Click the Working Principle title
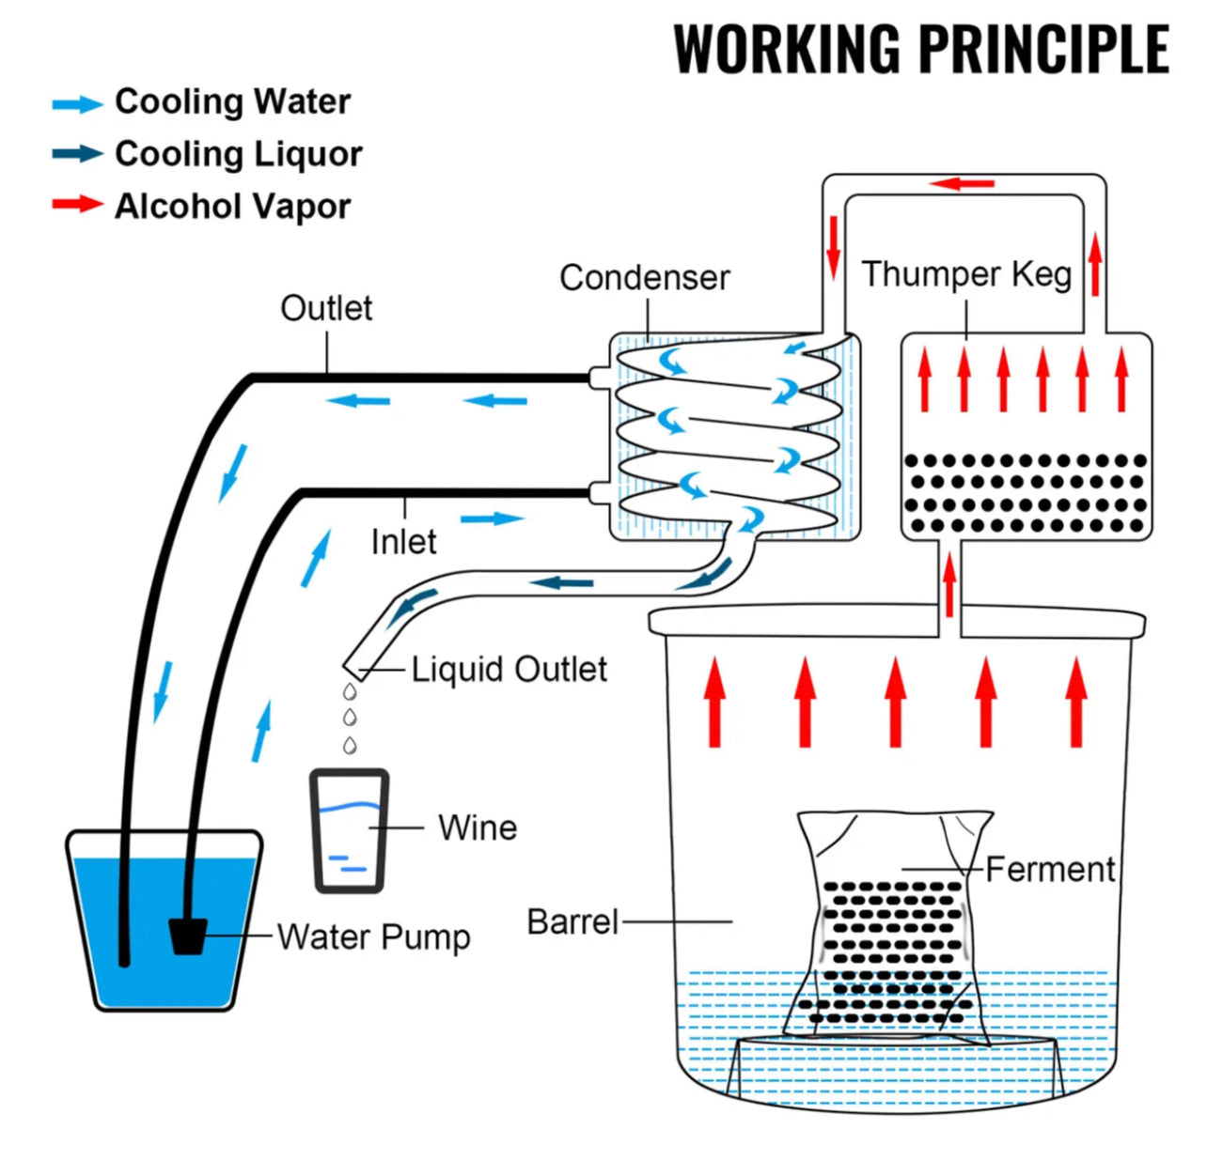click(921, 49)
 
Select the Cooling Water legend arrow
click(77, 104)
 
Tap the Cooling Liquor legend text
click(238, 154)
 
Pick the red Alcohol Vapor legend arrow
click(77, 204)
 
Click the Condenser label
click(644, 278)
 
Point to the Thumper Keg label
click(966, 274)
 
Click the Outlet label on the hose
click(326, 308)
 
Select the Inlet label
click(403, 542)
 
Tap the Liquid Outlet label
click(509, 670)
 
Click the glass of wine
click(350, 830)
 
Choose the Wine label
click(478, 828)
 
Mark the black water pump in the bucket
click(187, 936)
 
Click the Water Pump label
click(373, 937)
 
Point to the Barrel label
click(572, 922)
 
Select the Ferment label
click(1050, 870)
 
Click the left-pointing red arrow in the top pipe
click(963, 183)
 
